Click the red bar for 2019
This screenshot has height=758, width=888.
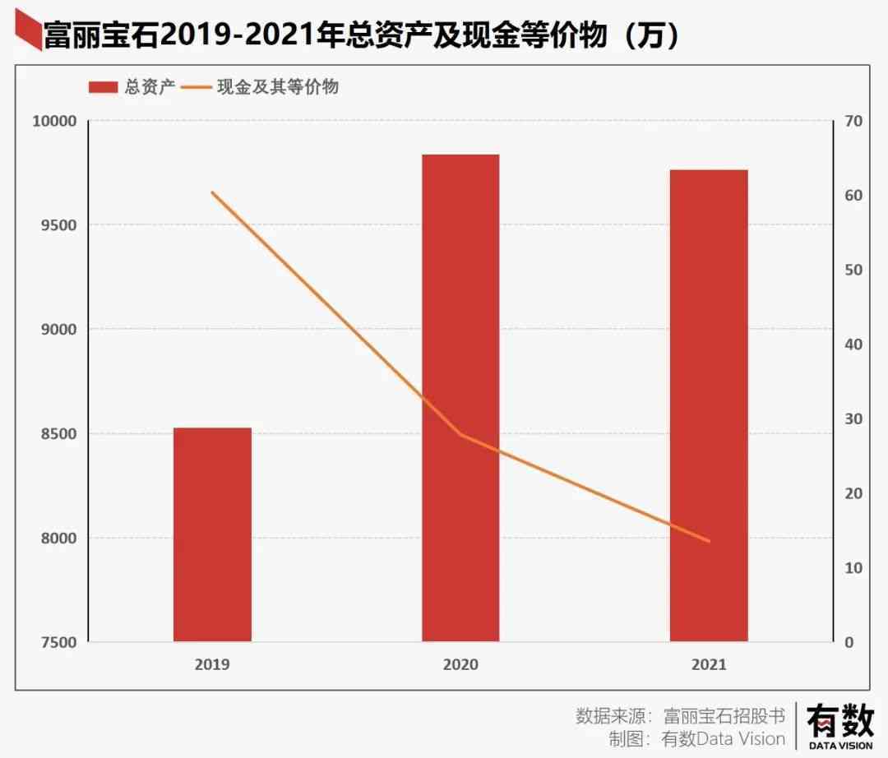[x=212, y=534]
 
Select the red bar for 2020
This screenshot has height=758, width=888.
[x=460, y=398]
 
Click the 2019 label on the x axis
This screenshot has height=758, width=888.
[x=212, y=664]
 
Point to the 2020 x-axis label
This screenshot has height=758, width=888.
[x=460, y=664]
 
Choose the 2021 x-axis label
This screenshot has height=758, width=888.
[x=709, y=664]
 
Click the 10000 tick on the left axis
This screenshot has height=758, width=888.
[x=54, y=122]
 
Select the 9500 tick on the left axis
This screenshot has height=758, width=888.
[x=58, y=225]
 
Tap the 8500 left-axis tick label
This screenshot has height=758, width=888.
[x=58, y=434]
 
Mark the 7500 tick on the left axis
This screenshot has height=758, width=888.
[x=58, y=642]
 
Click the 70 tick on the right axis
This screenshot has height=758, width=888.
[x=853, y=122]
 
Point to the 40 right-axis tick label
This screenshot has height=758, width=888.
[x=853, y=344]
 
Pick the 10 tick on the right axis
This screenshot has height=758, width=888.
[x=853, y=568]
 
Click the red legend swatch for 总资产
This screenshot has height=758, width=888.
[x=104, y=87]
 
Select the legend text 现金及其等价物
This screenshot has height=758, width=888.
[x=277, y=87]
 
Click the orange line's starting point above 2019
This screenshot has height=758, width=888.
[x=212, y=192]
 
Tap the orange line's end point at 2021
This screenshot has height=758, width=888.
[x=709, y=541]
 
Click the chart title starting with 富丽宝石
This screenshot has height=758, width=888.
[x=362, y=35]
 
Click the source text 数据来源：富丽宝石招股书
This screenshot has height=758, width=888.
[x=680, y=714]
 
